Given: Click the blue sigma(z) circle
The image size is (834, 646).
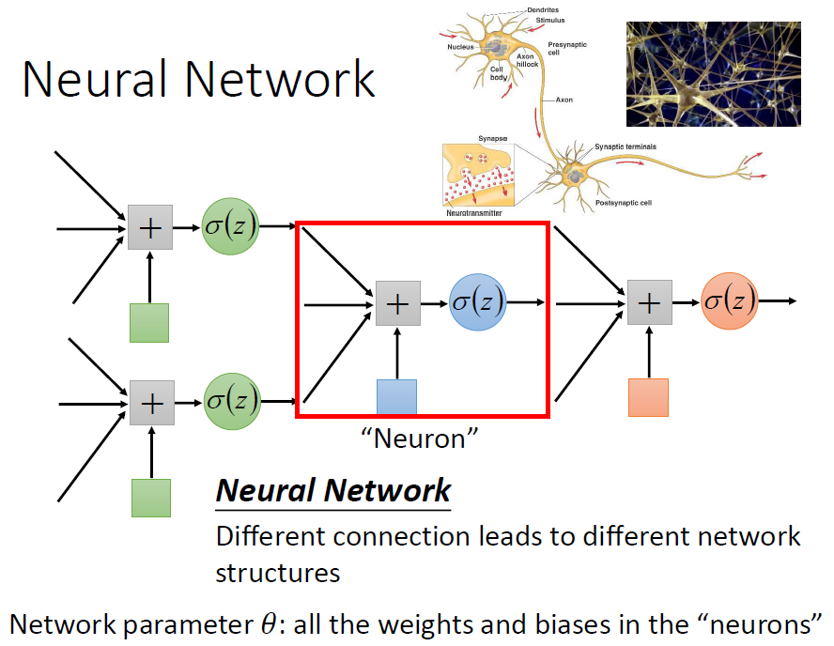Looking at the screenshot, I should [477, 302].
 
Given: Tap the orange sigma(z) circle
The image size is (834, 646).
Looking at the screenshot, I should [729, 300].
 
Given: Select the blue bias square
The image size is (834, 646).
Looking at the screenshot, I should [395, 397].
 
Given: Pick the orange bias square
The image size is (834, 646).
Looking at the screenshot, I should [648, 397].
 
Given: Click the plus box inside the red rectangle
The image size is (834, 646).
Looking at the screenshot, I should [398, 303].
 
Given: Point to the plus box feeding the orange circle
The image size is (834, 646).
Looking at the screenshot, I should [650, 301].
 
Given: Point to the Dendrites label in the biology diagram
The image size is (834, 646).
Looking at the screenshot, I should [542, 9].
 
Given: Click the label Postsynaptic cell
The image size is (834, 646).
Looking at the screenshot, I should [623, 202].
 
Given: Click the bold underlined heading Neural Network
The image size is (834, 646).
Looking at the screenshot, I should [333, 490].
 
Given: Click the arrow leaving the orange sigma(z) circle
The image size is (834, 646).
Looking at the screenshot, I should [779, 300].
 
